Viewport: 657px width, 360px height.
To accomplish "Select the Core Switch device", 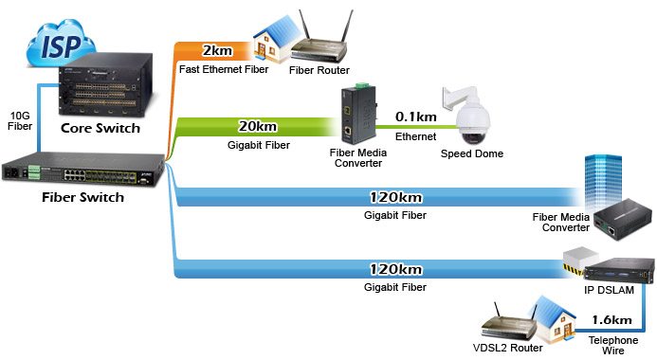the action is click(x=104, y=86).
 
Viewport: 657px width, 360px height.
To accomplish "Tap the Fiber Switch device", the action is click(x=83, y=170).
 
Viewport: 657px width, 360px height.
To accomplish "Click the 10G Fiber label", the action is click(x=20, y=121).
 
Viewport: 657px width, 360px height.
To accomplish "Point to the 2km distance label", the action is click(x=217, y=50).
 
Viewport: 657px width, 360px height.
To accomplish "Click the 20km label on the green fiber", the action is click(x=258, y=126).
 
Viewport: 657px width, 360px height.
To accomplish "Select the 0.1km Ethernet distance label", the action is click(x=415, y=117).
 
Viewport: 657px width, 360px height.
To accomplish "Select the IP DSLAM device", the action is click(x=618, y=271).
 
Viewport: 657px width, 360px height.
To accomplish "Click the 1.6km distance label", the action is click(x=611, y=320).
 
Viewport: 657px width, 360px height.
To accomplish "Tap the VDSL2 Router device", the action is click(x=509, y=323).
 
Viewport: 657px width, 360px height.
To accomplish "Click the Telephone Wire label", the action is click(x=613, y=346).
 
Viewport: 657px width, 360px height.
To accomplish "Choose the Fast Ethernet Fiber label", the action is click(x=224, y=69).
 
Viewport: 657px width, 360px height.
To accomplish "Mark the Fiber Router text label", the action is click(x=319, y=70).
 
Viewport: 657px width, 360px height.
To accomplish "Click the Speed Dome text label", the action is click(x=472, y=154).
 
